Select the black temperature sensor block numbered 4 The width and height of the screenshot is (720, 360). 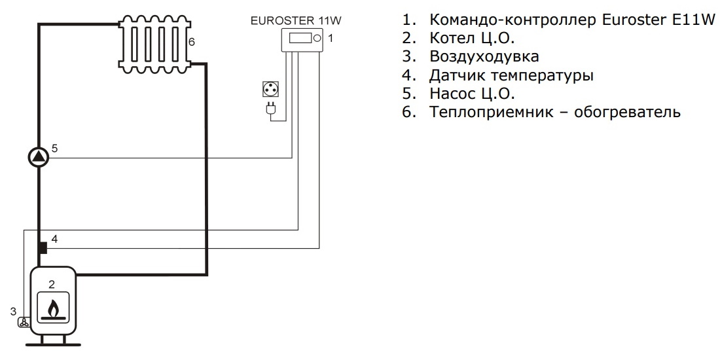[42, 248]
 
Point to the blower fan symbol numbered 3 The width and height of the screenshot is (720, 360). [24, 322]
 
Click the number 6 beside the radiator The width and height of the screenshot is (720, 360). [191, 42]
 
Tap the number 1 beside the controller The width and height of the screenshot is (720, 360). [331, 39]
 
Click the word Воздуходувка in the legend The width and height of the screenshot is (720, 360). [484, 56]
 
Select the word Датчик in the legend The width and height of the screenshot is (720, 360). [458, 75]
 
